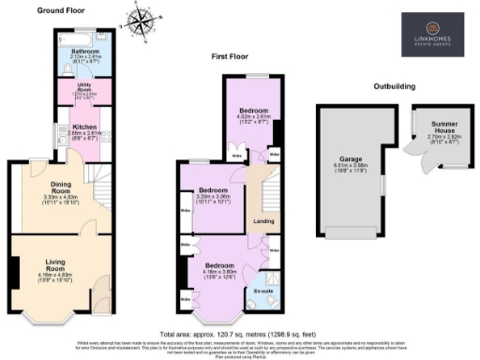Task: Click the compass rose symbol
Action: [x=142, y=22]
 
